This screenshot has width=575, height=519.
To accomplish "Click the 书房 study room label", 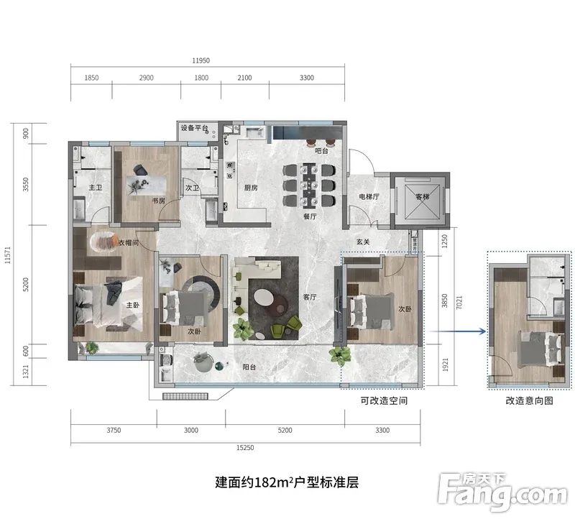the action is (159, 201).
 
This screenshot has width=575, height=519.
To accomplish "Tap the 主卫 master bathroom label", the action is (96, 188).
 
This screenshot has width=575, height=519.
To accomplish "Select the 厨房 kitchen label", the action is (251, 188).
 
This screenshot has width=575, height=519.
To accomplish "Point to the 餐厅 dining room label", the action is (310, 216).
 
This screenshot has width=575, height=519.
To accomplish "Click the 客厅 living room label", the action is (310, 297).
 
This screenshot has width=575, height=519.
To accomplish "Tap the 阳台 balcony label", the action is (249, 367).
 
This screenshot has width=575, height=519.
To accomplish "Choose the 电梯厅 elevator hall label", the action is (369, 196).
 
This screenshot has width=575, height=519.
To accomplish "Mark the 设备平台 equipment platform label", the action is (194, 128).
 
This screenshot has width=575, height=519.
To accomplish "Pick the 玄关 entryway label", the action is (363, 242).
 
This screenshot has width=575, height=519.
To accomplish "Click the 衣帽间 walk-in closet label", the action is (129, 242).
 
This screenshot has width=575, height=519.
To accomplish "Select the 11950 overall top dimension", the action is (201, 60).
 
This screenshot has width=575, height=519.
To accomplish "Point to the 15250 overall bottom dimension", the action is (245, 448).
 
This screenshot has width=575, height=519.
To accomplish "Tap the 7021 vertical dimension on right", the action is (459, 302).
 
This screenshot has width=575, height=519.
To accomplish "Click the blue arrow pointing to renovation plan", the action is (457, 331).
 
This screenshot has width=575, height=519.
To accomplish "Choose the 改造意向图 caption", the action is (529, 400).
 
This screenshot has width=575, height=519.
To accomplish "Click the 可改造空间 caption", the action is (384, 400).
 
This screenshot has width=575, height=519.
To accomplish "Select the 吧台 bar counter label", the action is (321, 150).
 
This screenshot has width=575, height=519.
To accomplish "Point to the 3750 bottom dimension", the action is (114, 431).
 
